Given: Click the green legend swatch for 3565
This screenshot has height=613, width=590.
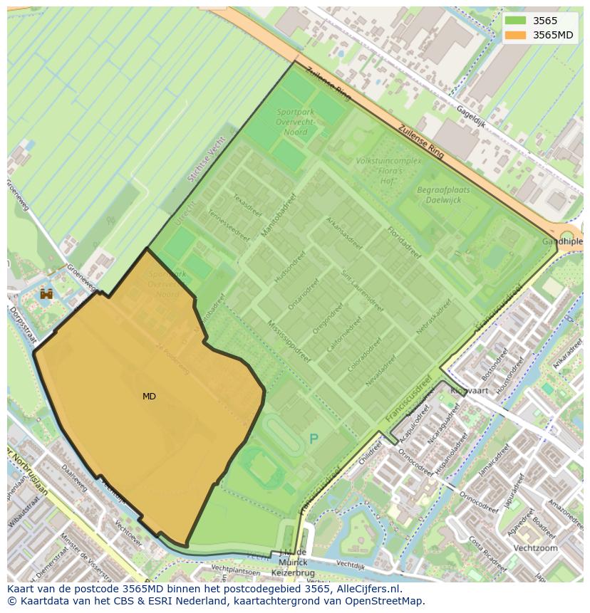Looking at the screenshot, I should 516,21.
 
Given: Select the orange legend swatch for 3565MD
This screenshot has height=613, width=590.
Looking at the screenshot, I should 516,35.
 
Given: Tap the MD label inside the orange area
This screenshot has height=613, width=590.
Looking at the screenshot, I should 149,397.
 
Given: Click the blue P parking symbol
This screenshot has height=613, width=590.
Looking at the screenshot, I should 314,439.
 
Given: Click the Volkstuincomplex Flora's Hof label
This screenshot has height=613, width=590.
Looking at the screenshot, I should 388,171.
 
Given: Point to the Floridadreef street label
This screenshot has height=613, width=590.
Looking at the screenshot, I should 403,242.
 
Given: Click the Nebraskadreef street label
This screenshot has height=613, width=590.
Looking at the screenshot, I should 434,317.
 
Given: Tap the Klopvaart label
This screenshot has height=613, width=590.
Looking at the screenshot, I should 468,390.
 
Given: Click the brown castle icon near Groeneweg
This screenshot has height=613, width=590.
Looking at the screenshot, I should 47,293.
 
